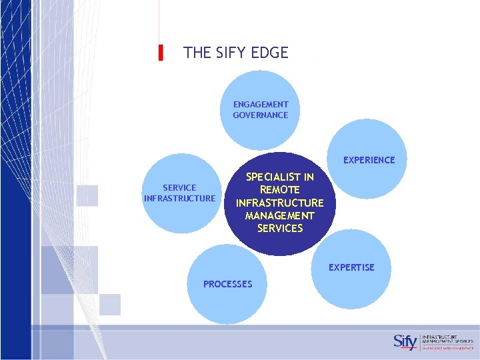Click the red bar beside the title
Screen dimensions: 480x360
(x=161, y=53)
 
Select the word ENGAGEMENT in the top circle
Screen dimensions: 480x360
(x=261, y=105)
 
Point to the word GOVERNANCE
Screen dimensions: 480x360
(x=261, y=115)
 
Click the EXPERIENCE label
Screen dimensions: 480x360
(x=369, y=160)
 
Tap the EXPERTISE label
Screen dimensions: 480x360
(x=351, y=267)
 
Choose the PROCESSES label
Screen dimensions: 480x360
(x=228, y=284)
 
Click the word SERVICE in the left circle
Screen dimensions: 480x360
(x=179, y=188)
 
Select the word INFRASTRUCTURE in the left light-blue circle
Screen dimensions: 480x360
(x=179, y=198)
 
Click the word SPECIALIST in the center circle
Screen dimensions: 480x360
(x=280, y=177)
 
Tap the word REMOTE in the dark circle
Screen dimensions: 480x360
(x=280, y=190)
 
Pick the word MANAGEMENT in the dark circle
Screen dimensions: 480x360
(x=280, y=215)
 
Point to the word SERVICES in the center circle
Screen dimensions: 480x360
(x=280, y=228)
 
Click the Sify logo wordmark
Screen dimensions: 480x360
(x=405, y=341)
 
